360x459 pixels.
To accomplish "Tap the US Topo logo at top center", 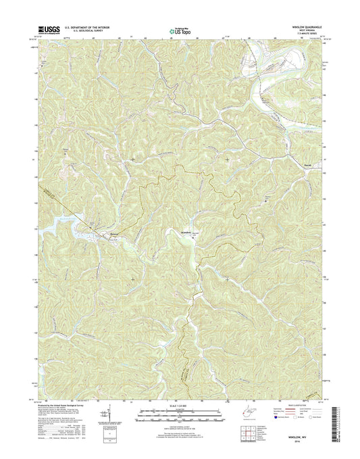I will click(x=180, y=30).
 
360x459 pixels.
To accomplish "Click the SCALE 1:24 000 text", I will click(x=180, y=406).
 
